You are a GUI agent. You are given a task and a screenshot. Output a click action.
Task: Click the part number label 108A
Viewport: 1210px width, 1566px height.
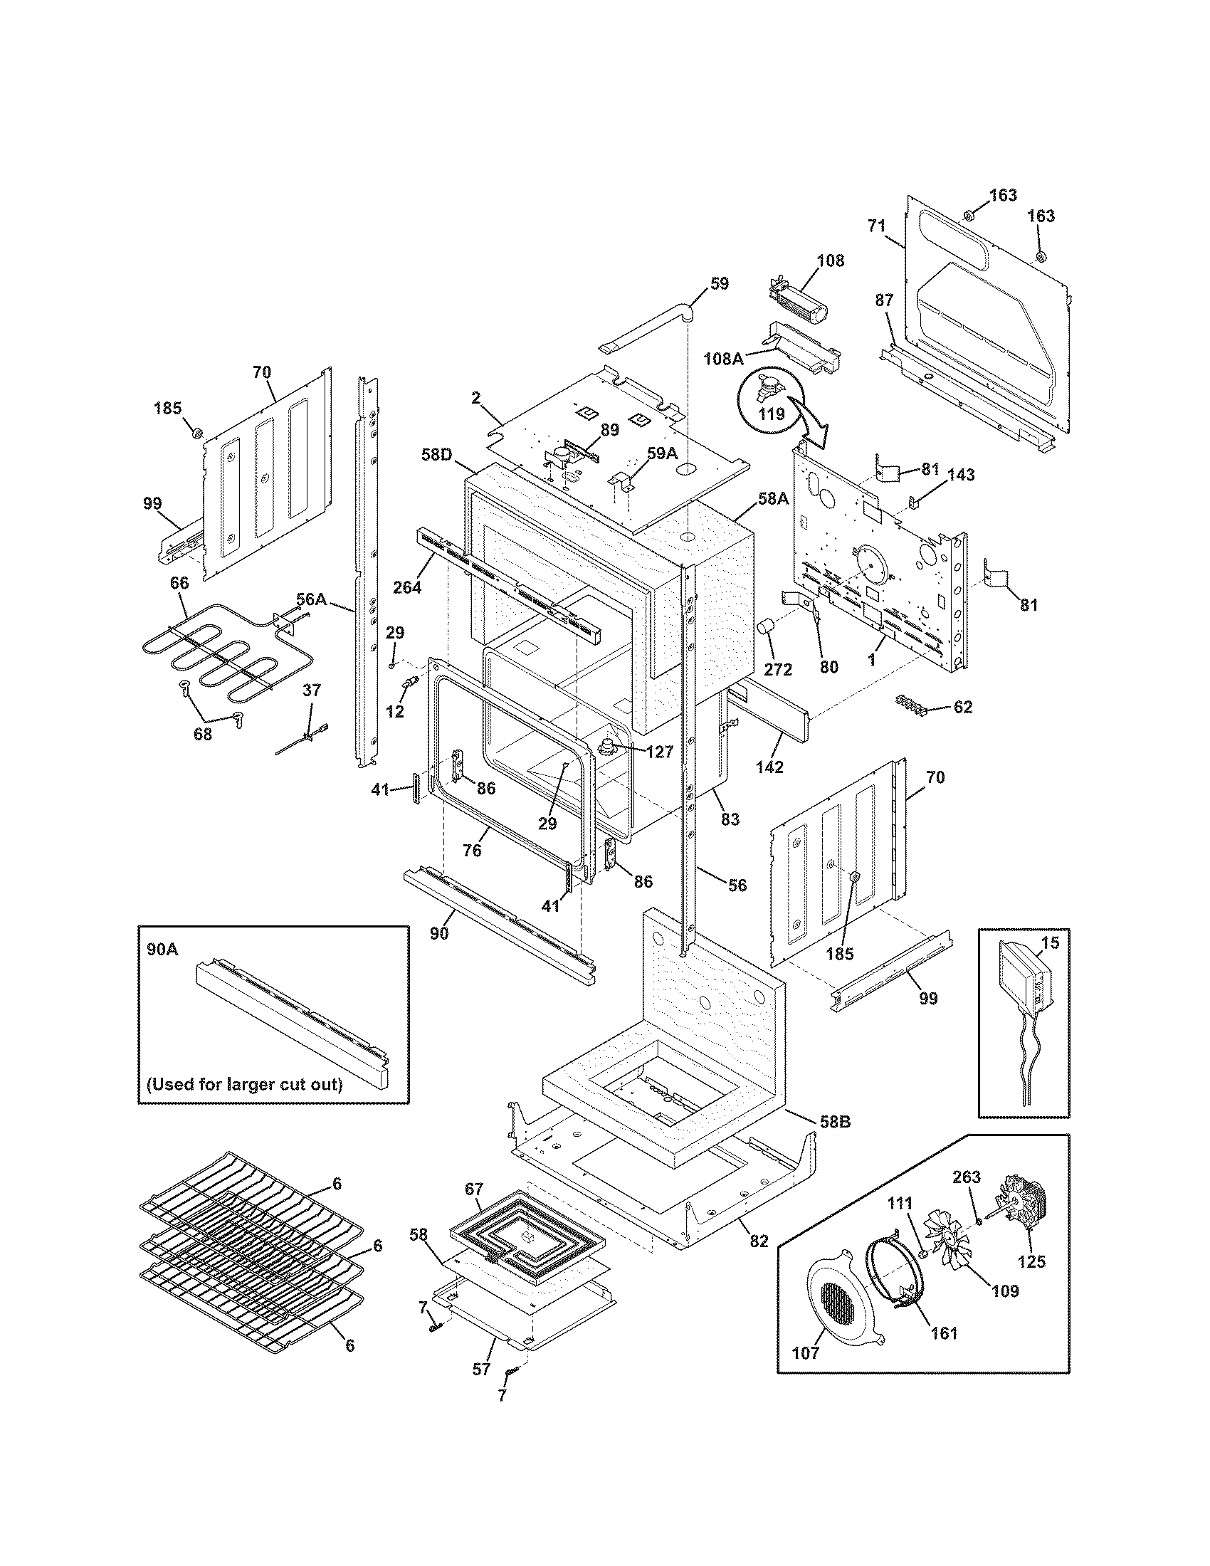[x=724, y=359]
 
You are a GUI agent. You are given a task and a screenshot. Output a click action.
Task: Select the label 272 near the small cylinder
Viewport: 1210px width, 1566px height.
[x=778, y=670]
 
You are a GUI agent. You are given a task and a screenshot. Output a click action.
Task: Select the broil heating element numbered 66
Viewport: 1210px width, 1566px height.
[x=208, y=660]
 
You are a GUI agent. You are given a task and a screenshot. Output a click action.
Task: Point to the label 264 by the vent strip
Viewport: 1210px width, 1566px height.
[x=406, y=587]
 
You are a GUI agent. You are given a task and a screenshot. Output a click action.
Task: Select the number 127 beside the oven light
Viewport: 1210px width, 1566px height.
[x=659, y=752]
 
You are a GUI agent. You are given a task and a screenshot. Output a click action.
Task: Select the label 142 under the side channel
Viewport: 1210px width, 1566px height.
[x=769, y=767]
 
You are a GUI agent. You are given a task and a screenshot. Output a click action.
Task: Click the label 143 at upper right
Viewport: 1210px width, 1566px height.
[x=961, y=475]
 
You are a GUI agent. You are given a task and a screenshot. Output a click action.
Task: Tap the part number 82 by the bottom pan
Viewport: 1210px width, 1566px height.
[x=759, y=1241]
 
